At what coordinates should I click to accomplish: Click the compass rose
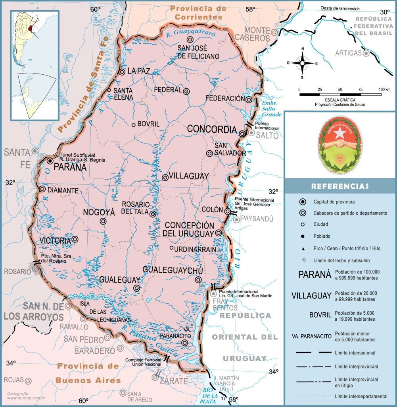[303, 63]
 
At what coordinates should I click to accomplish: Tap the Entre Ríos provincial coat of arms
[339, 146]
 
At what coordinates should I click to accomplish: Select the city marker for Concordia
[242, 134]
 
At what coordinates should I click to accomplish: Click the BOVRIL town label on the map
[148, 124]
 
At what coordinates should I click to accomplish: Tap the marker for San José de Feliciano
[190, 39]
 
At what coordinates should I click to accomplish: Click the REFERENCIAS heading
[340, 186]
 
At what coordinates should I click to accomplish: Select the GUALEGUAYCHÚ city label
[173, 271]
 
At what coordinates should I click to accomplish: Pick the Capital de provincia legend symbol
[303, 202]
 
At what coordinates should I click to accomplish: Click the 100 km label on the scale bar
[384, 89]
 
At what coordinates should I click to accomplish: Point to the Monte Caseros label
[258, 34]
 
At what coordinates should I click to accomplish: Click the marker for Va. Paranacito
[184, 343]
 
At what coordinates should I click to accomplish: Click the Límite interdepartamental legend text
[361, 396]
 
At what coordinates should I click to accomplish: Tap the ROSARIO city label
[17, 271]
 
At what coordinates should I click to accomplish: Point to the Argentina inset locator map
[35, 66]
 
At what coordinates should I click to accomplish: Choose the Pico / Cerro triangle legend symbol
[303, 248]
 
